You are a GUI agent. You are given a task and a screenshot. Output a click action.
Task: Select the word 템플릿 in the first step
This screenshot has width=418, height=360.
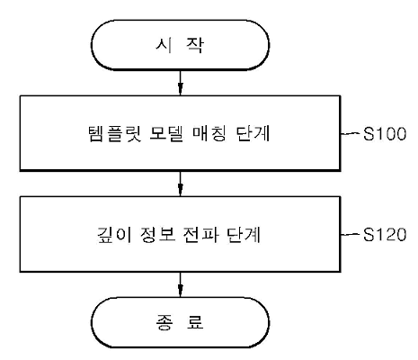[115, 133]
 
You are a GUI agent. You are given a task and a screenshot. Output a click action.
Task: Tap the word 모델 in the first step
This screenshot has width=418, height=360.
[166, 133]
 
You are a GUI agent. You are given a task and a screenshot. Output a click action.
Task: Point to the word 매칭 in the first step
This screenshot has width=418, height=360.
[209, 133]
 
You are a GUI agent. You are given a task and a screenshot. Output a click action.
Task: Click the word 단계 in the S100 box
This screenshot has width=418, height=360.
[253, 133]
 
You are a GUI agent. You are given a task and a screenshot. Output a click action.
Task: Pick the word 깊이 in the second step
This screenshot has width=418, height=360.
[114, 235]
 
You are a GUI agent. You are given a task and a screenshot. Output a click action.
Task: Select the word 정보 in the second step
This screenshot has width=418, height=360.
[157, 235]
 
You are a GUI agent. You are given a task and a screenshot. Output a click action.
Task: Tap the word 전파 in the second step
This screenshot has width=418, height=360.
[200, 235]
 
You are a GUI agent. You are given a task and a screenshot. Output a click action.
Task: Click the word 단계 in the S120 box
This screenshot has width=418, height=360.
[244, 235]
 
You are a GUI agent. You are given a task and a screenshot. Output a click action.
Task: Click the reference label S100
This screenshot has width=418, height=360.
[385, 134]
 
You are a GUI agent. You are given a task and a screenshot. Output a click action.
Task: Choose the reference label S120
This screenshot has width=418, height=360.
[385, 235]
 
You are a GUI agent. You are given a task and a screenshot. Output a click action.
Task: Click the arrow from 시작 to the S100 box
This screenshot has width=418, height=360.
[180, 83]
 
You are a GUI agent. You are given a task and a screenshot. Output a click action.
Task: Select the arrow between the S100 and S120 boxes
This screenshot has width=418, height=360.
[180, 184]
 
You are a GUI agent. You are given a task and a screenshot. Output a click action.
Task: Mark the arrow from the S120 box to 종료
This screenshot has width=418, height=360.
[180, 284]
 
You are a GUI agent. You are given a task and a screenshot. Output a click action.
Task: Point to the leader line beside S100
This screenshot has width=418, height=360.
[351, 133]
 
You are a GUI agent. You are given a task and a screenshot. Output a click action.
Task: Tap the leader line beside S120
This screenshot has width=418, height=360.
[351, 234]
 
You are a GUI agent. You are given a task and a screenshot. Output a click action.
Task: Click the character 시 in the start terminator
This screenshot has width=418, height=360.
[164, 45]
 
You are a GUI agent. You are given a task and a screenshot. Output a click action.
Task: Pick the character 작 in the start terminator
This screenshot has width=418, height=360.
[195, 45]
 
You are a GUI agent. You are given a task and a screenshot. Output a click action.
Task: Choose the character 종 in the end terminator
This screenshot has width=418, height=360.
[164, 322]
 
